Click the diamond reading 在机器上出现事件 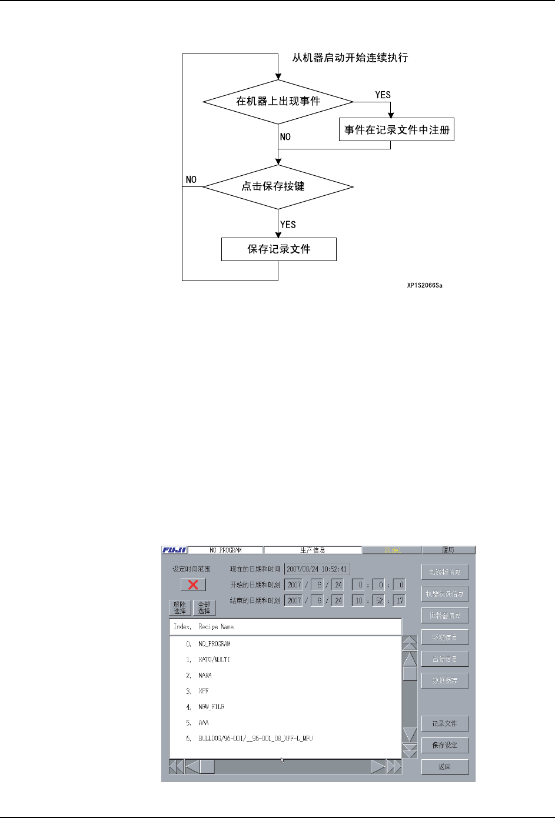[x=278, y=102]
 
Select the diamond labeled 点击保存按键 [x=278, y=187]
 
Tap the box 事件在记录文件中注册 [x=397, y=130]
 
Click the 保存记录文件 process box [x=278, y=249]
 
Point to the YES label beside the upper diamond [x=383, y=95]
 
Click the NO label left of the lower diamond [x=191, y=179]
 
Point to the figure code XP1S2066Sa [x=424, y=286]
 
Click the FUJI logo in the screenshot [x=174, y=550]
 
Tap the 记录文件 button [x=444, y=723]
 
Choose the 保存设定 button [x=444, y=745]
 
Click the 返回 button [x=444, y=767]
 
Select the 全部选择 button [x=204, y=607]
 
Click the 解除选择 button [x=180, y=607]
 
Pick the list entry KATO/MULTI [x=214, y=660]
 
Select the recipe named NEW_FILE [x=211, y=707]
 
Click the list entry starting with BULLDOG [x=255, y=739]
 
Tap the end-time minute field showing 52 [x=379, y=600]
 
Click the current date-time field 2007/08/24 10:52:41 [x=317, y=569]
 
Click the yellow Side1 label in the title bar [x=392, y=550]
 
